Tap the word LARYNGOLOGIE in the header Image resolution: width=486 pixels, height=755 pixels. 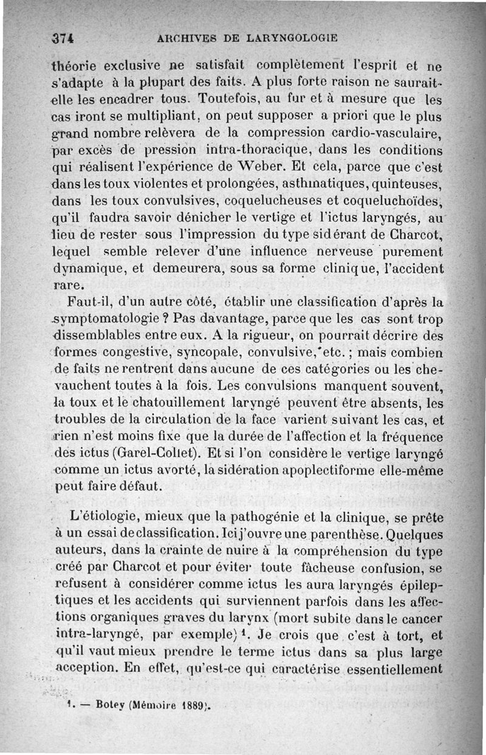[292, 38]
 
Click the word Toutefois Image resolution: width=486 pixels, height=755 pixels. [228, 98]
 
